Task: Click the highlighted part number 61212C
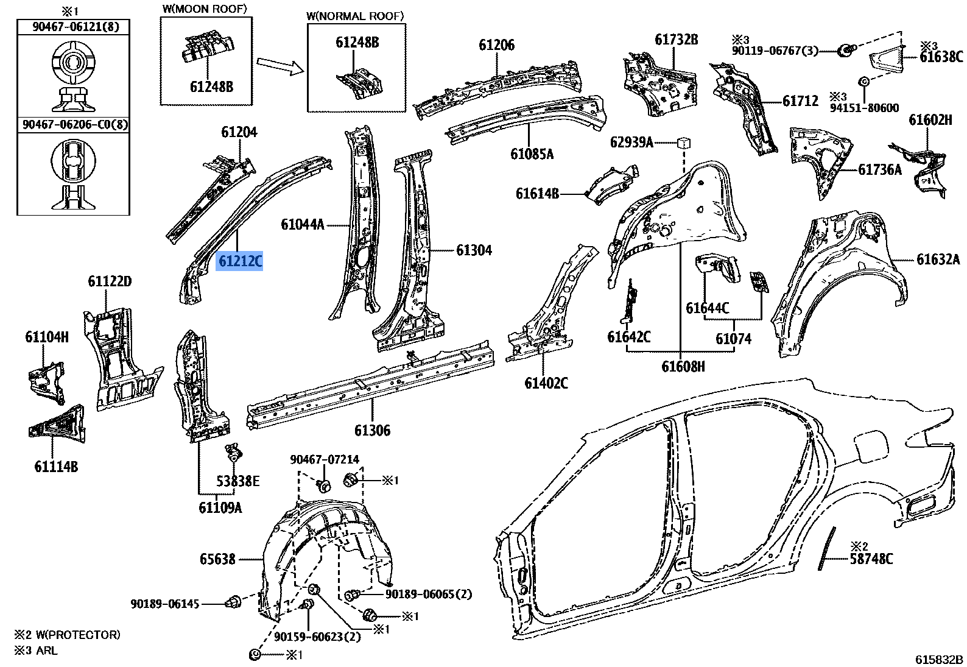click(240, 261)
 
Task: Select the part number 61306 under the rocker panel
click(372, 430)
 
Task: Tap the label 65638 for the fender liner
click(217, 558)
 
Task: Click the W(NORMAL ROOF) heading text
click(356, 16)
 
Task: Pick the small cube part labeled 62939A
click(684, 144)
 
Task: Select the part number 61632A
click(938, 260)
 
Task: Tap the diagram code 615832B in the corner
click(940, 660)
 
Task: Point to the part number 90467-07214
click(324, 460)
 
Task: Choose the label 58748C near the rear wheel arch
click(871, 558)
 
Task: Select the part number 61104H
click(47, 336)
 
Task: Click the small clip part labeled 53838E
click(233, 453)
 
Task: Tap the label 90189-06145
click(164, 604)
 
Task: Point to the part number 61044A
click(303, 225)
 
